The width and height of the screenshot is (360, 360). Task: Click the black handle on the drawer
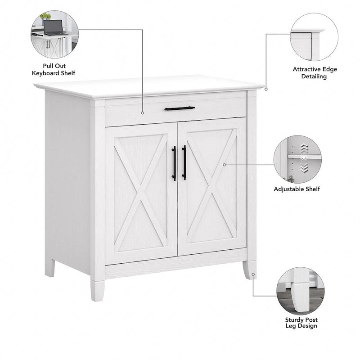(x=180, y=108)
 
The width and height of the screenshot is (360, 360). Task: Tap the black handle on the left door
(x=174, y=163)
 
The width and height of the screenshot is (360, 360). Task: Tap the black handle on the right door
(x=184, y=162)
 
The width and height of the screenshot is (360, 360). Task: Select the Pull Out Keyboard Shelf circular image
(x=54, y=34)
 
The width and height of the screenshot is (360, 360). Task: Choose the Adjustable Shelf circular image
(x=297, y=159)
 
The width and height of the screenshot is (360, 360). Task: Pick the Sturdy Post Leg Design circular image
(x=300, y=290)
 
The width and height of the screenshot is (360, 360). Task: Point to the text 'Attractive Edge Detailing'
(x=315, y=73)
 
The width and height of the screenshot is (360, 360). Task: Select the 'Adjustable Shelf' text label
(x=297, y=189)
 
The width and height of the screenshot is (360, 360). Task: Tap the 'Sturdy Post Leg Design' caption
(x=301, y=323)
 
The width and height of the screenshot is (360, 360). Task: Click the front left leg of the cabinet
(x=97, y=289)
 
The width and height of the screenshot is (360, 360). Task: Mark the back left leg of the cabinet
(x=50, y=267)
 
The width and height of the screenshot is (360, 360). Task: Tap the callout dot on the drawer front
(x=143, y=112)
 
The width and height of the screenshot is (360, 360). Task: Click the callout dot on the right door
(x=225, y=165)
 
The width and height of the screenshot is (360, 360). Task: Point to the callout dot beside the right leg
(x=254, y=274)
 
